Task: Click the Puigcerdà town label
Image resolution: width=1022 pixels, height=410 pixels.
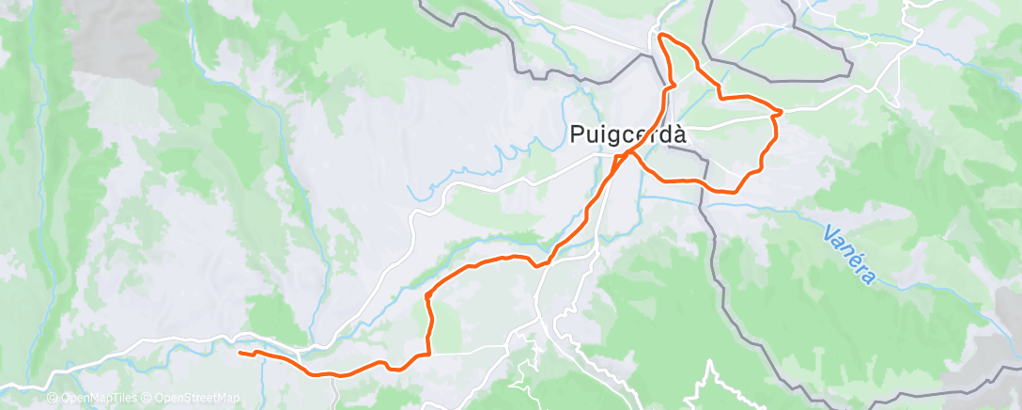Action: point(628,134)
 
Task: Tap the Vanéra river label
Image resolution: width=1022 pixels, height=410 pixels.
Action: point(850,254)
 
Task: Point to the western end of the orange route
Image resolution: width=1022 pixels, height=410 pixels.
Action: point(240,353)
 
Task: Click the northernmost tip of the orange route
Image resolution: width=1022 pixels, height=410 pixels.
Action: point(661,35)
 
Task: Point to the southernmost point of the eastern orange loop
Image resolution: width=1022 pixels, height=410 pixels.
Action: point(731,192)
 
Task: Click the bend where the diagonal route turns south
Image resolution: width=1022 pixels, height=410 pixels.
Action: point(427,295)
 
